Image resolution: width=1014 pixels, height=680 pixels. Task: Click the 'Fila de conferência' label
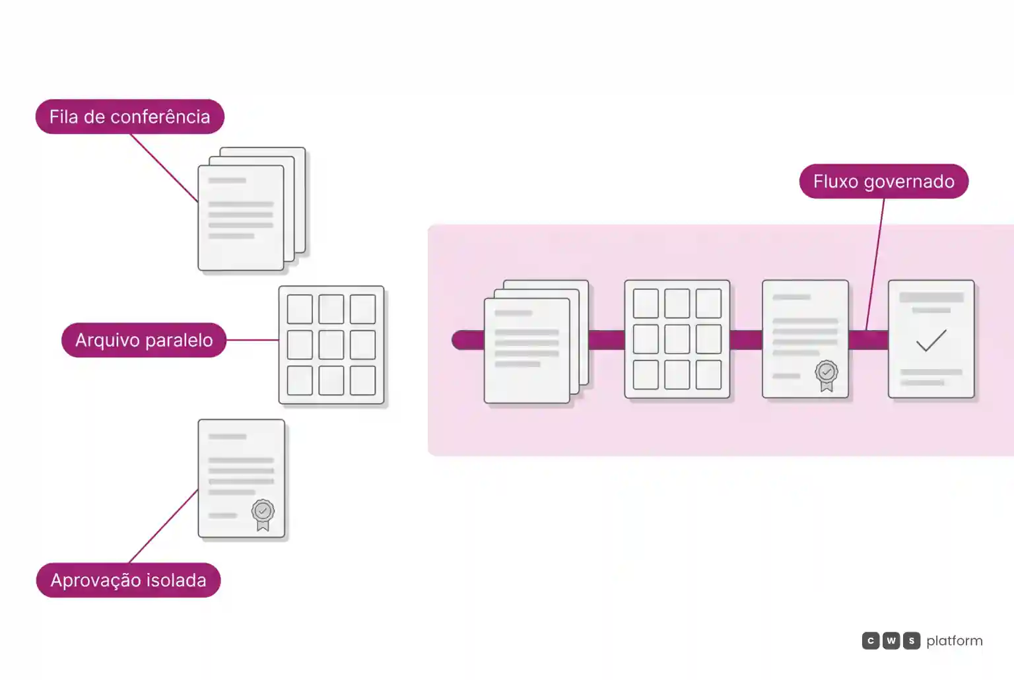click(x=130, y=117)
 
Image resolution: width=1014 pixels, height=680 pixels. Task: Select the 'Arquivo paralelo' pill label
click(x=144, y=340)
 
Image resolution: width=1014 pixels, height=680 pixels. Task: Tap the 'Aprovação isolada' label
click(x=129, y=580)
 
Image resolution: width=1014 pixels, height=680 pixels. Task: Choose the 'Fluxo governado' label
click(x=884, y=181)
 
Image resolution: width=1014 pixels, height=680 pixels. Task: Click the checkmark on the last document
click(x=931, y=341)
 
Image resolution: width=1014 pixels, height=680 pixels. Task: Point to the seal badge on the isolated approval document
click(x=263, y=514)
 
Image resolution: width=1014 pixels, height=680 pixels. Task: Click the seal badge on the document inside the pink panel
click(x=827, y=375)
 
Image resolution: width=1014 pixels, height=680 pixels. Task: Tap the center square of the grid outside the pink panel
click(x=331, y=345)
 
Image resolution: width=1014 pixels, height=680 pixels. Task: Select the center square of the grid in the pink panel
click(x=677, y=339)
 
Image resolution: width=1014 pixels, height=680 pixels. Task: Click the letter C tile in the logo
click(x=871, y=640)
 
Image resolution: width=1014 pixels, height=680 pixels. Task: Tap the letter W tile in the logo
click(x=891, y=640)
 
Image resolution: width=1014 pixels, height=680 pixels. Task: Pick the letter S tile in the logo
click(x=912, y=640)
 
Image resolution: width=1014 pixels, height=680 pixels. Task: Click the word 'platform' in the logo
click(x=954, y=641)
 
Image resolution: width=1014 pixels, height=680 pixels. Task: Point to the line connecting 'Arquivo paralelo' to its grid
click(x=252, y=340)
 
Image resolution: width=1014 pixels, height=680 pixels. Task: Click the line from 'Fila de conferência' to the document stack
click(x=164, y=168)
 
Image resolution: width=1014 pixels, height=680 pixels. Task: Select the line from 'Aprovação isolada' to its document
click(x=164, y=526)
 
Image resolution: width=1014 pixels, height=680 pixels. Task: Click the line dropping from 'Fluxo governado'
click(x=875, y=264)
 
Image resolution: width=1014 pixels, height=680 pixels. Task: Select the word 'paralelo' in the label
click(x=179, y=341)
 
